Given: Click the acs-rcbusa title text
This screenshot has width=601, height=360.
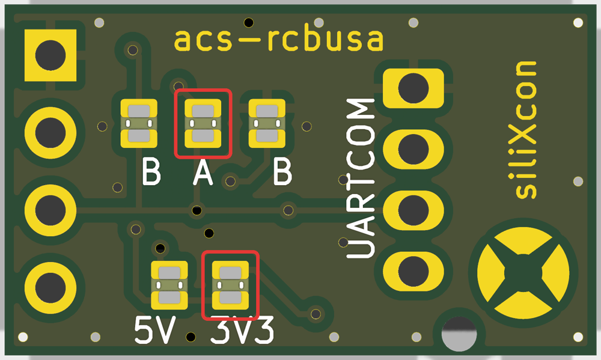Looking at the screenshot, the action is tap(279, 39).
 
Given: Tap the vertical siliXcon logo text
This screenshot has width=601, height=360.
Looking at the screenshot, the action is tap(526, 130).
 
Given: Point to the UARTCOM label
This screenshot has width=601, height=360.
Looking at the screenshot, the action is tap(360, 178).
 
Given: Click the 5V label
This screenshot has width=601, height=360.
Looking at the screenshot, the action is tap(155, 330).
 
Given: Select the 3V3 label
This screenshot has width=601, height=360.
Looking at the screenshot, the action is tap(243, 330).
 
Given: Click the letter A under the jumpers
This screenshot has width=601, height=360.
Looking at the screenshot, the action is tap(203, 172).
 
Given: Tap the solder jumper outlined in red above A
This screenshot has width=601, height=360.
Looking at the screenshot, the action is tap(203, 123).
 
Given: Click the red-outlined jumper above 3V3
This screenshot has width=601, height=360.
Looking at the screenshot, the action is tap(230, 285).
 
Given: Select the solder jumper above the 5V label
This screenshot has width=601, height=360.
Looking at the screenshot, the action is tap(169, 285).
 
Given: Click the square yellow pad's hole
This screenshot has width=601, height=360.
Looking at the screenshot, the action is tap(50, 55).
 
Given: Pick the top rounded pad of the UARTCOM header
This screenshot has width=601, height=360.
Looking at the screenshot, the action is tap(413, 88).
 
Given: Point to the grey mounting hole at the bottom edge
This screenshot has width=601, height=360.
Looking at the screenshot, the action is tap(459, 334).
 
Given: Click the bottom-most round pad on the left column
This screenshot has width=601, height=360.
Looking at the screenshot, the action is tap(50, 287).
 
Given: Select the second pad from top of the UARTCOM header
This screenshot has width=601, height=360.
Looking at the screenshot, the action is tap(413, 149).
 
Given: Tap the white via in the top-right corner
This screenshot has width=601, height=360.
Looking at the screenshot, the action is tap(578, 23).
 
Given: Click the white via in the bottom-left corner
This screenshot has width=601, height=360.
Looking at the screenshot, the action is tap(23, 337).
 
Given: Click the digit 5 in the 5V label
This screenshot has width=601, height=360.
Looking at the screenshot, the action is tap(144, 330).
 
